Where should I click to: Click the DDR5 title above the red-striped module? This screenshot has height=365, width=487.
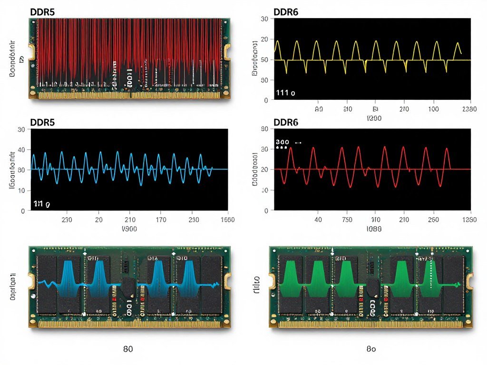42,12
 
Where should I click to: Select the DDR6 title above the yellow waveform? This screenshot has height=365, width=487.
286,12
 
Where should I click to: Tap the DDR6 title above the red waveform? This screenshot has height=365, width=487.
286,122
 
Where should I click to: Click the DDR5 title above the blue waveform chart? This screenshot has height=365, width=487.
42,122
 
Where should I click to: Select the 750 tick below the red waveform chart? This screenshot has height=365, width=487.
347,220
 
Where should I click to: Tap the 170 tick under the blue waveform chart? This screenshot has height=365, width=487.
161,220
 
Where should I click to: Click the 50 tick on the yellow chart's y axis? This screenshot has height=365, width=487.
264,60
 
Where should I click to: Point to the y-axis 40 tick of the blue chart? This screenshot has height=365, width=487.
21,150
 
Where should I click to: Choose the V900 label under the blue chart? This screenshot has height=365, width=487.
129,229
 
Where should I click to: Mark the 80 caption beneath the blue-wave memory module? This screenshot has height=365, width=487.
128,348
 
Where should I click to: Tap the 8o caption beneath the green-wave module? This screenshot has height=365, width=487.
371,348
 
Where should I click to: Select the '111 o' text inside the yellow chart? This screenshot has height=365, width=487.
285,93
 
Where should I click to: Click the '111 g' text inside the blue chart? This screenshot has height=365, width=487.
42,203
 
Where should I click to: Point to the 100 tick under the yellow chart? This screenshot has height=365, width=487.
433,109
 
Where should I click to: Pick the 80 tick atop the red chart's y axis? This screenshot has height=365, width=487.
264,129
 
